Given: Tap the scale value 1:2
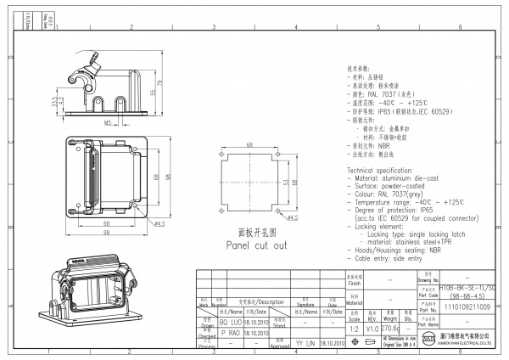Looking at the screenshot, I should pos(354,328).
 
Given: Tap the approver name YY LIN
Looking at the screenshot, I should pos(304,344).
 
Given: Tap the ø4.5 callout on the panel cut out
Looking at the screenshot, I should pos(292,219).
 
